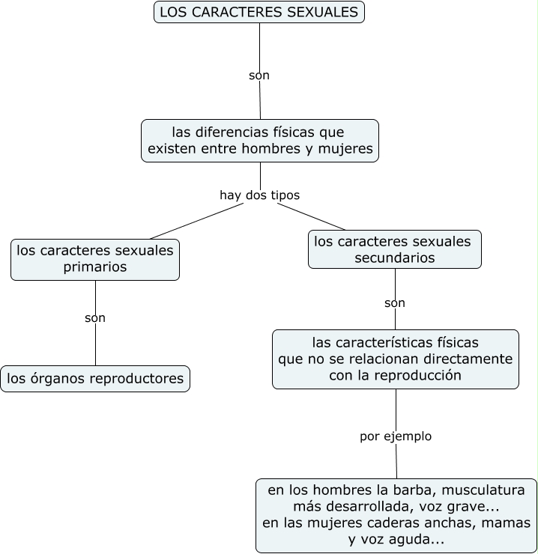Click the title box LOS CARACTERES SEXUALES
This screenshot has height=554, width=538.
point(259,12)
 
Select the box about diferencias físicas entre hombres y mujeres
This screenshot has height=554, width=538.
point(260,140)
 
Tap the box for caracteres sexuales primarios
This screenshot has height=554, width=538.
point(95,259)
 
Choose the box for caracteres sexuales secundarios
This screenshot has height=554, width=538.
point(394,249)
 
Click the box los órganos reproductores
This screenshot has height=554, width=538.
point(95,379)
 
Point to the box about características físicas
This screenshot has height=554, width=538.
point(395,359)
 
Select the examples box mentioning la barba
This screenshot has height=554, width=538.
point(396,515)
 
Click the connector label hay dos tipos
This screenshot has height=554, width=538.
point(259,195)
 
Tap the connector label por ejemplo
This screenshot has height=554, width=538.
point(396,436)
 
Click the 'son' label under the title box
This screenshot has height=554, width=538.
point(259,76)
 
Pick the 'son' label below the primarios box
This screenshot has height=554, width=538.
point(95,318)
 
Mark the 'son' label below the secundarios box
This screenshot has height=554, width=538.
point(395,303)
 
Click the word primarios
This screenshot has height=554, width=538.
point(95,267)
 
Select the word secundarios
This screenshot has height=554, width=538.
point(394,258)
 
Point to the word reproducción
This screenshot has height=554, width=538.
point(416,375)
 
